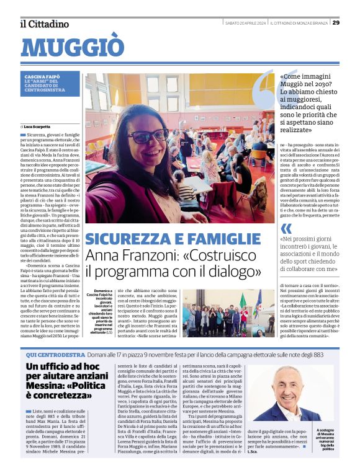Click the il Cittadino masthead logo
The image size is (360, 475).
(x=44, y=24)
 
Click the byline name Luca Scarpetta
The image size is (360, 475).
(x=39, y=126)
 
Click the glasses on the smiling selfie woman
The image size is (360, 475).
(x=148, y=135)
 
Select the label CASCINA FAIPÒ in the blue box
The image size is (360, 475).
(x=43, y=76)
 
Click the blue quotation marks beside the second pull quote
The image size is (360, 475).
(x=286, y=229)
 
